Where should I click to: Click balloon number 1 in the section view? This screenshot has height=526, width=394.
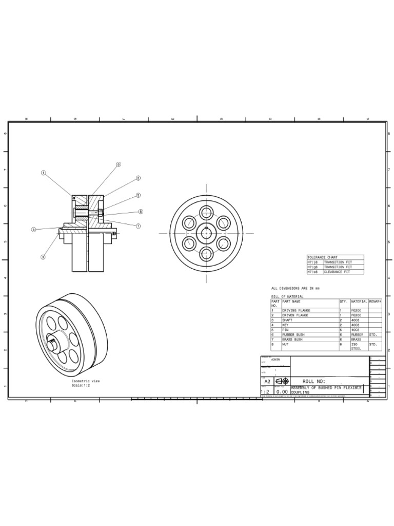(44, 173)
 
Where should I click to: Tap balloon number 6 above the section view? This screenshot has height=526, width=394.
(118, 165)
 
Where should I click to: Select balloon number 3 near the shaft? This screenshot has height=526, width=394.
(43, 257)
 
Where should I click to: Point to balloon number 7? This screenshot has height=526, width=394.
(139, 226)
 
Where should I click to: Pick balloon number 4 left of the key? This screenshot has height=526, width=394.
(34, 230)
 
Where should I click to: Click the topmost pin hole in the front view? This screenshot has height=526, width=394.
(207, 213)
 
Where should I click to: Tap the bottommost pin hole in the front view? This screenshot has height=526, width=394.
(207, 253)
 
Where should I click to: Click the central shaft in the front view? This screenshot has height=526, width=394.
(207, 233)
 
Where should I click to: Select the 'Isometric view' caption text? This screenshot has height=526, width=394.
(86, 381)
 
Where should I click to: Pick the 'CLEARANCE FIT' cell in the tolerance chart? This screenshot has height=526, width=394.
(337, 272)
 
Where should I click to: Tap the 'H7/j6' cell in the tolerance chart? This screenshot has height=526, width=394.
(313, 262)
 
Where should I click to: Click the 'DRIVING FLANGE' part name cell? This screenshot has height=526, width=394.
(296, 311)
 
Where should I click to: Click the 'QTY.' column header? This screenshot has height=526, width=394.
(344, 302)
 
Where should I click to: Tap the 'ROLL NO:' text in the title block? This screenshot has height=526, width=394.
(314, 381)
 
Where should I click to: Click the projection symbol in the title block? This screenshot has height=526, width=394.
(282, 381)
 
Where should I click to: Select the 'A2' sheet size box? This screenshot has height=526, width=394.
(267, 382)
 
